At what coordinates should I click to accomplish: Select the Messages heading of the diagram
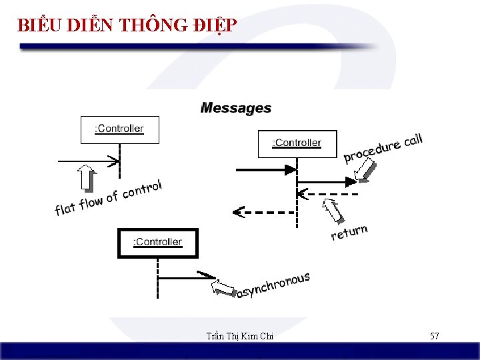[x=236, y=108]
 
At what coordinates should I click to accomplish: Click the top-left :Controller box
[x=120, y=129]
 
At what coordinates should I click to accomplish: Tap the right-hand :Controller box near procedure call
[x=297, y=143]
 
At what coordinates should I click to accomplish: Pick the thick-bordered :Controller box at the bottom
[x=158, y=243]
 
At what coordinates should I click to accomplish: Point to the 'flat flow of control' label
[x=108, y=198]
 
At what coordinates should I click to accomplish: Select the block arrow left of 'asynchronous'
[x=224, y=287]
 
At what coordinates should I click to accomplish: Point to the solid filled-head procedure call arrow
[x=265, y=170]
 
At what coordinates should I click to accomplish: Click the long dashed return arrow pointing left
[x=263, y=213]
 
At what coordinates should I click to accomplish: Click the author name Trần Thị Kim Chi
[x=240, y=337]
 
